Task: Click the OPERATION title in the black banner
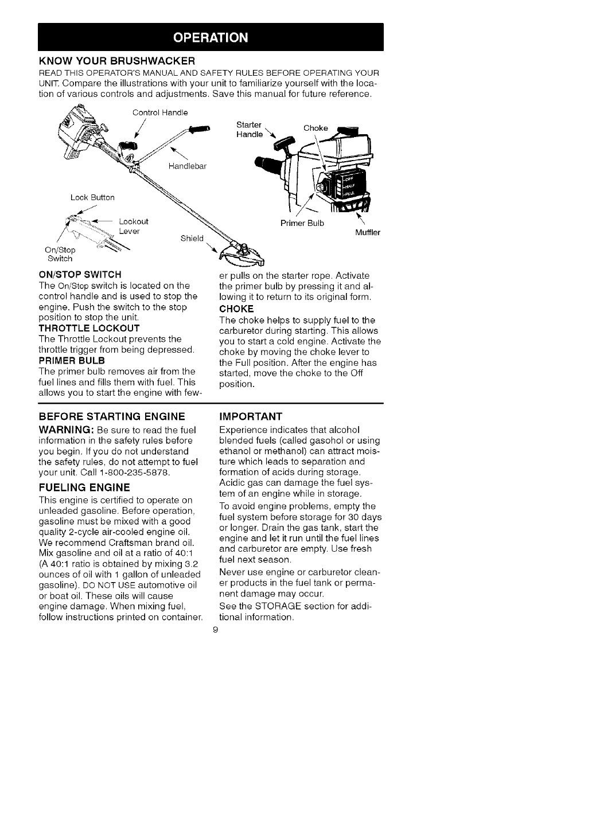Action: tap(211, 38)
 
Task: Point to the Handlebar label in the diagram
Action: tap(188, 167)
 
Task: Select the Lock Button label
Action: tap(92, 197)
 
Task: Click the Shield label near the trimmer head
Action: tap(192, 238)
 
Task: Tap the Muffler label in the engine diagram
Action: tap(368, 232)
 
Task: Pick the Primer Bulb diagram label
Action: tap(302, 223)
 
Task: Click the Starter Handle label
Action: tap(249, 129)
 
